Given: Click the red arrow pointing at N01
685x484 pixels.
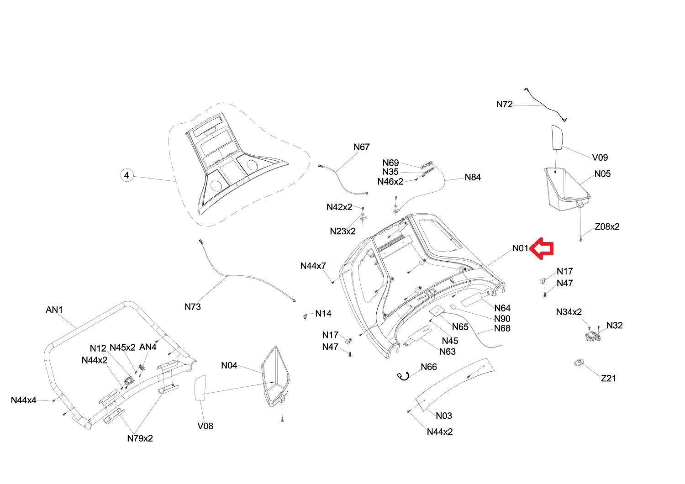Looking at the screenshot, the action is click(x=541, y=248).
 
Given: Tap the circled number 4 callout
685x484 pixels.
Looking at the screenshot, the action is click(x=126, y=175).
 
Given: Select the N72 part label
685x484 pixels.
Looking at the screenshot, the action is click(x=504, y=104).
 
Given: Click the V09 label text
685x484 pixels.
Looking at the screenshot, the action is click(x=600, y=158).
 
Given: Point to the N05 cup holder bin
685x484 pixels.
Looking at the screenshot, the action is click(x=567, y=189).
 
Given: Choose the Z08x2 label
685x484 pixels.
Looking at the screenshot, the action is click(x=607, y=226).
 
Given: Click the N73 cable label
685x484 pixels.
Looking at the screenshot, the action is click(x=193, y=307).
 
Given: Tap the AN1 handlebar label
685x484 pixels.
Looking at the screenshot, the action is click(x=54, y=310).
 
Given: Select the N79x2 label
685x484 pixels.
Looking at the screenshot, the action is click(x=140, y=438).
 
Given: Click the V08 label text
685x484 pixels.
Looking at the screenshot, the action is click(x=205, y=426).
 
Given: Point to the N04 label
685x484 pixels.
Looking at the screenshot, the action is click(x=229, y=365).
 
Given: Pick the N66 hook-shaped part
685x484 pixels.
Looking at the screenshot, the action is click(x=403, y=376).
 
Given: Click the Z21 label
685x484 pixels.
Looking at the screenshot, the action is click(x=608, y=378).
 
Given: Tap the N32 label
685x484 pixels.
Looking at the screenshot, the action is click(x=614, y=325).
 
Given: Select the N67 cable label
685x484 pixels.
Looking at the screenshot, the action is click(x=362, y=147).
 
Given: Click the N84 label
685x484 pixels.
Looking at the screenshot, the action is click(x=473, y=177).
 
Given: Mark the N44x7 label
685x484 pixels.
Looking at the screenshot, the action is click(x=313, y=266).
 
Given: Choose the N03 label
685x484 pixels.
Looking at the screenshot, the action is click(x=444, y=416).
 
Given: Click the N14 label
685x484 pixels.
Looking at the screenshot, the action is click(x=323, y=313).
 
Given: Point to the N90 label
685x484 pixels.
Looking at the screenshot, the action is click(x=502, y=319).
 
